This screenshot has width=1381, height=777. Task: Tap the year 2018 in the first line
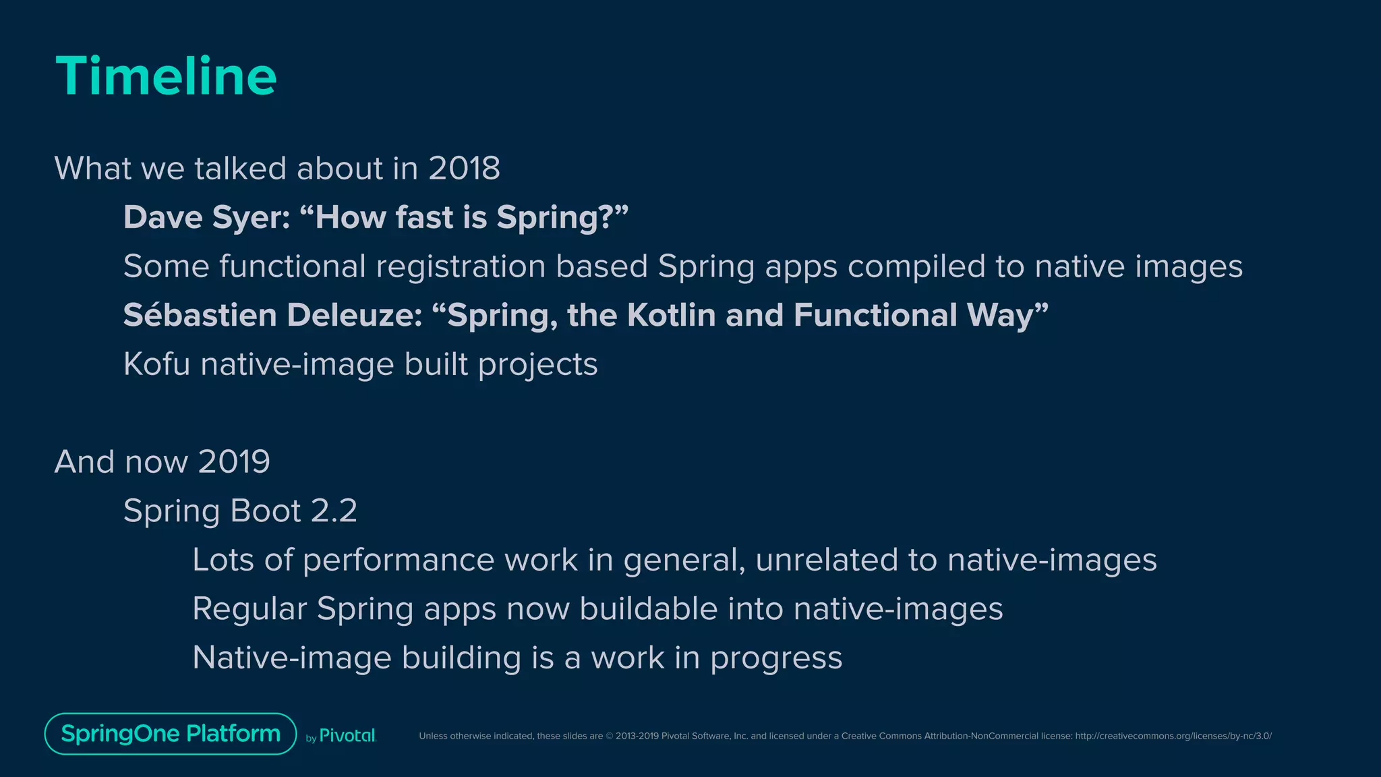tap(464, 168)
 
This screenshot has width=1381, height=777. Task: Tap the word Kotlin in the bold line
tap(671, 315)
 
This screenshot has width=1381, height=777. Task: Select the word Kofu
tap(156, 364)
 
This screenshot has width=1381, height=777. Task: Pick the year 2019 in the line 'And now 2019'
tap(233, 462)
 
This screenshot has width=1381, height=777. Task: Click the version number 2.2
tap(334, 511)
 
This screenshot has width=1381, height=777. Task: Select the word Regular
tap(249, 609)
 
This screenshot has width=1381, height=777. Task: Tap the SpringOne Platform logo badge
tap(171, 733)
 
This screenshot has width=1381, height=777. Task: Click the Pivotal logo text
tap(347, 736)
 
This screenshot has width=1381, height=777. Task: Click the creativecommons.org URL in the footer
tap(1173, 736)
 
